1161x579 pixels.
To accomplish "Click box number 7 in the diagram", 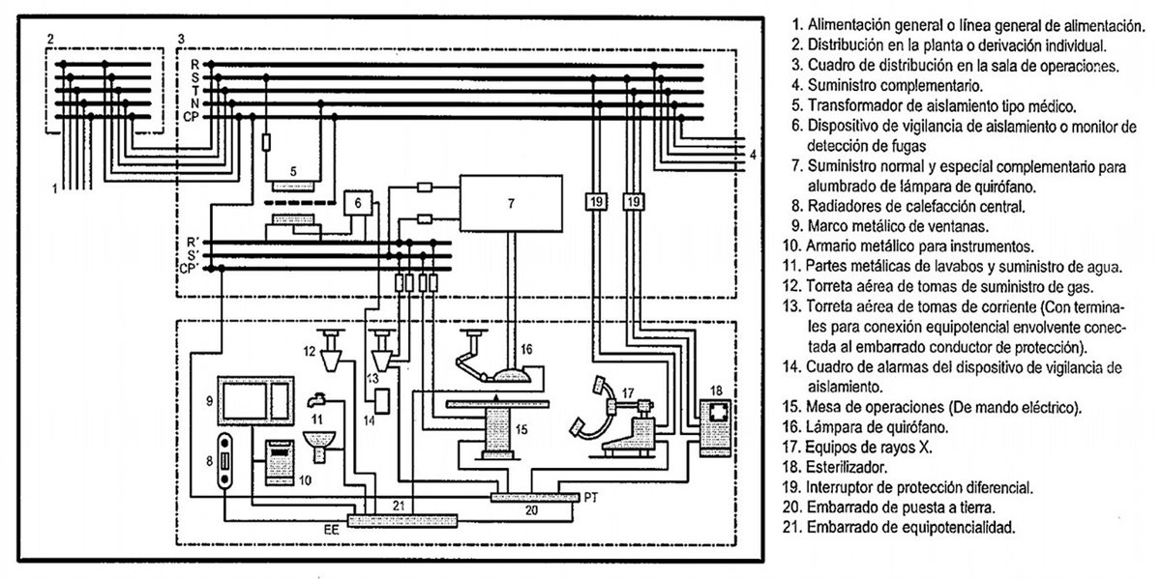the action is click(511, 203).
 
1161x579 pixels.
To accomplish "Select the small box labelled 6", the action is click(358, 203).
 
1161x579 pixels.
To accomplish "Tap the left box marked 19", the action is click(596, 201).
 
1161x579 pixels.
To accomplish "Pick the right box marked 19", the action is click(634, 201).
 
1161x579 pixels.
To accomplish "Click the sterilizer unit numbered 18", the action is click(715, 428).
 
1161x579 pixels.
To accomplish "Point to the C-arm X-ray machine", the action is click(617, 420).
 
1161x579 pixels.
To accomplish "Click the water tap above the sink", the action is click(316, 400).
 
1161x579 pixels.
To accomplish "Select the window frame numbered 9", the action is click(255, 401).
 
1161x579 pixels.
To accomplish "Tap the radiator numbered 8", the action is click(224, 460).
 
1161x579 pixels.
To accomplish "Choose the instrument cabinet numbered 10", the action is click(280, 462).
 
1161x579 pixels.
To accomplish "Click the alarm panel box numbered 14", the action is click(382, 401).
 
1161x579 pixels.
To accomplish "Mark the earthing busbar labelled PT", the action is click(535, 497).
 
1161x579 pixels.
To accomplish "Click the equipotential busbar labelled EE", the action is click(402, 520).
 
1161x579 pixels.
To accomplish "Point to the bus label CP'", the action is click(189, 269).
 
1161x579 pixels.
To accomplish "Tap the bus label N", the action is click(194, 103).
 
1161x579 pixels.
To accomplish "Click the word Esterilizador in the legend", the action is click(847, 467).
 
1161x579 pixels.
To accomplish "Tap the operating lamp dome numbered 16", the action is click(511, 375).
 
